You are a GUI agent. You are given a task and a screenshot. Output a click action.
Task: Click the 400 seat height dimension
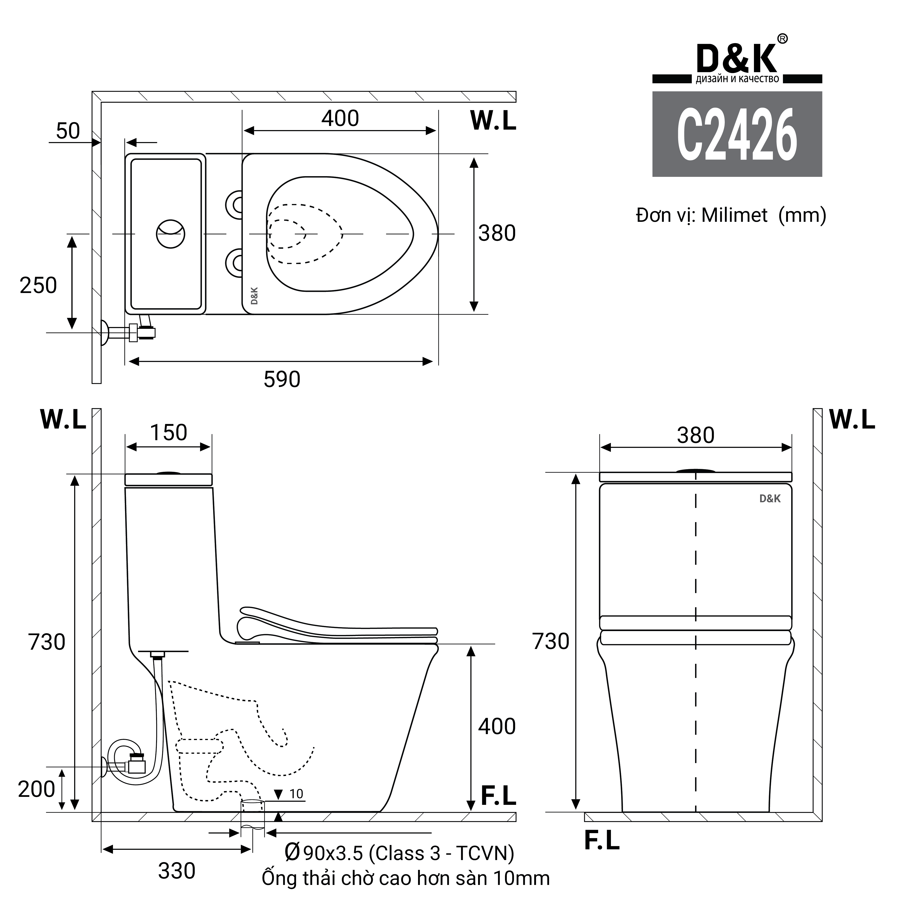[497, 726]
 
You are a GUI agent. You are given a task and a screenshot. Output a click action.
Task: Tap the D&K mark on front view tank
[770, 499]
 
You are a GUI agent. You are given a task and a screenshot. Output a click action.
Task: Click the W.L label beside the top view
[493, 121]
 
